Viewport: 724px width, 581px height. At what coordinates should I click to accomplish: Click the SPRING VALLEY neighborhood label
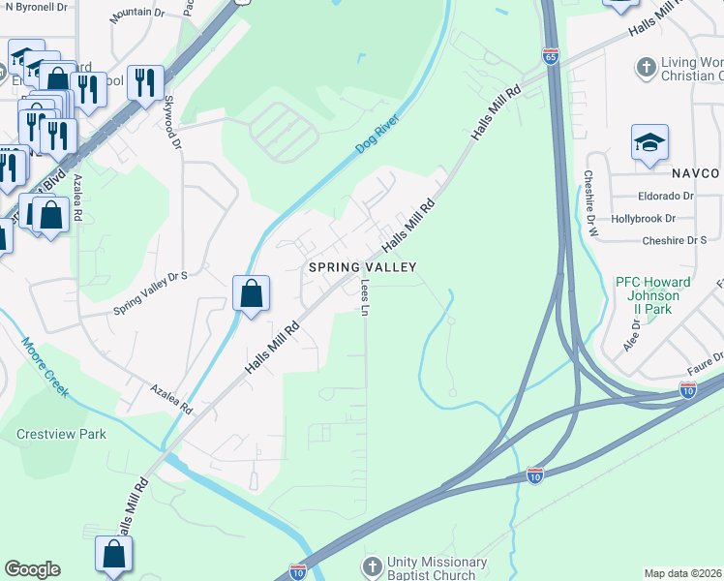point(362,266)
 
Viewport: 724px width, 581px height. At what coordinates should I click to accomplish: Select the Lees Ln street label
point(366,294)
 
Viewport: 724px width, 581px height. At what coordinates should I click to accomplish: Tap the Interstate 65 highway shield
point(551,56)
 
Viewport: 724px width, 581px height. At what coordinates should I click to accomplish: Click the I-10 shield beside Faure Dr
point(687,390)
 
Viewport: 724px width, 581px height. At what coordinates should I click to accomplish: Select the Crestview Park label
point(61,434)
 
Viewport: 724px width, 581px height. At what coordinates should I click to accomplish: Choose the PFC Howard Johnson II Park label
point(653,295)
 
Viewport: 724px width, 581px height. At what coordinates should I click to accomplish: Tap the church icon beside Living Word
point(647,68)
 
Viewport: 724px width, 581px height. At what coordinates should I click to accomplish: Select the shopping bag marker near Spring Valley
point(251,293)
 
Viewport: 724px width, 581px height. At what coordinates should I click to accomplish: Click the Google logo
point(32,568)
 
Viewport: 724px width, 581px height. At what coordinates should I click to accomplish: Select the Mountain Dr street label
point(137,13)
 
